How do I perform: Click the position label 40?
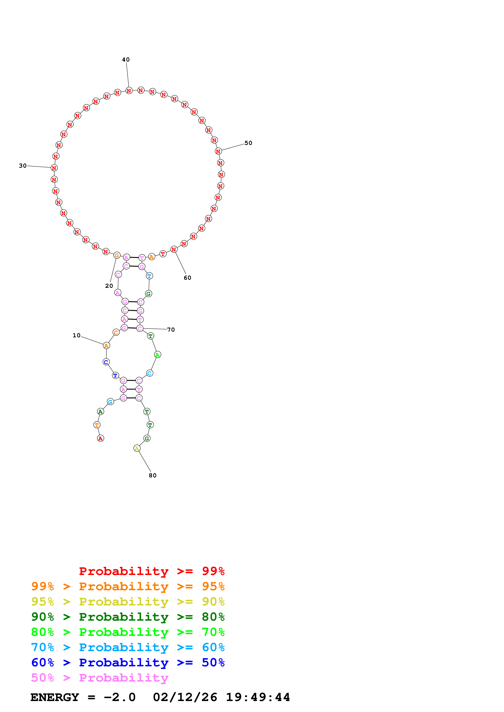(126, 59)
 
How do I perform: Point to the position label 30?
(23, 166)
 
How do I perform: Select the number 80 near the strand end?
(152, 475)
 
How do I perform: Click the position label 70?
(171, 330)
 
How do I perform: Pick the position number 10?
(76, 335)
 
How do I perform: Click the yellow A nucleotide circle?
(137, 448)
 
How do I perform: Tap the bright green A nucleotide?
(157, 355)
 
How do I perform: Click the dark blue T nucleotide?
(115, 375)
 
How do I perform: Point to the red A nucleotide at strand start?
(100, 438)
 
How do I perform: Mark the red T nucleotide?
(163, 254)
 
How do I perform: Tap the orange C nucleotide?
(116, 332)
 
